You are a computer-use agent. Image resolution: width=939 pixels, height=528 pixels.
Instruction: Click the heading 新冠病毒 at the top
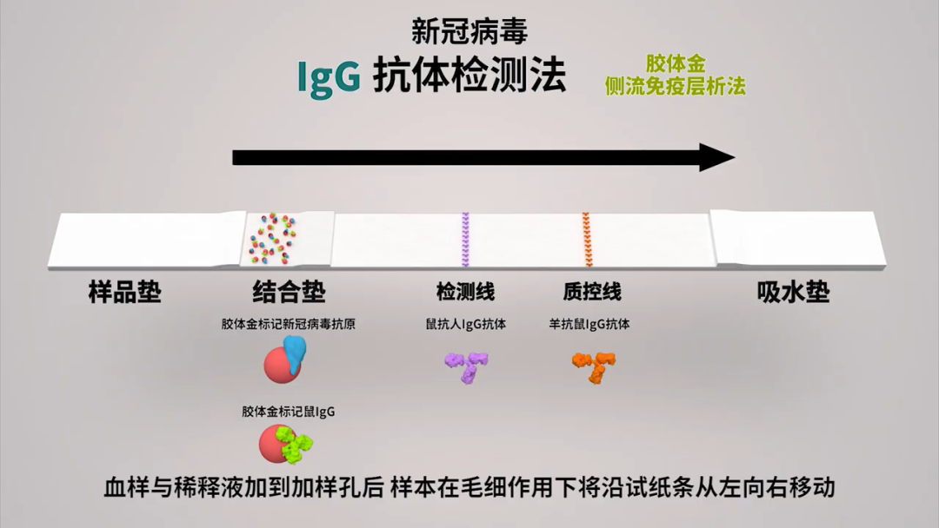coord(469,31)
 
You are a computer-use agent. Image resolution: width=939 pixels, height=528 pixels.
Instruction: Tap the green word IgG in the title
coord(329,76)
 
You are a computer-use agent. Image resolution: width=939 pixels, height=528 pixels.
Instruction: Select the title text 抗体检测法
coord(469,76)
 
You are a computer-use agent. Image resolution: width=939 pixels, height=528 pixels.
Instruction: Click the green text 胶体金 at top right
coord(676,64)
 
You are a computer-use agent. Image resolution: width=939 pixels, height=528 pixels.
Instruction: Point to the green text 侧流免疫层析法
coord(676,86)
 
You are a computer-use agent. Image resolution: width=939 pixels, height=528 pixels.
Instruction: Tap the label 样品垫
coord(125,292)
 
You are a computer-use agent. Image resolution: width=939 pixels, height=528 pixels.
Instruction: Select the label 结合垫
coord(290,292)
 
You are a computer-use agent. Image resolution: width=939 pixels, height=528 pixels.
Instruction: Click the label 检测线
coord(465,292)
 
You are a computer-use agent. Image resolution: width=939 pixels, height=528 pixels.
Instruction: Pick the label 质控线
coord(592,292)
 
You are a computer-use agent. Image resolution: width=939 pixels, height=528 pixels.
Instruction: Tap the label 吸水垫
coord(794,292)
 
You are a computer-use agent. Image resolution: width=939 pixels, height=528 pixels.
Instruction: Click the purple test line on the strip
coord(465,239)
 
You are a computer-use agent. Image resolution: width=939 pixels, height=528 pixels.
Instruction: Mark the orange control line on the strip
coord(586,239)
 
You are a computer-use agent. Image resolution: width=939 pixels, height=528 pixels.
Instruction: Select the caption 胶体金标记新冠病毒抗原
coord(289,325)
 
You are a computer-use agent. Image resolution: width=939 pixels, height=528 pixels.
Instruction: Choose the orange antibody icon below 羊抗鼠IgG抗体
coord(594,366)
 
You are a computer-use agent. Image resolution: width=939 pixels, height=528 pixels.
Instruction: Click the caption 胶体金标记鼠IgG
coord(289,412)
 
